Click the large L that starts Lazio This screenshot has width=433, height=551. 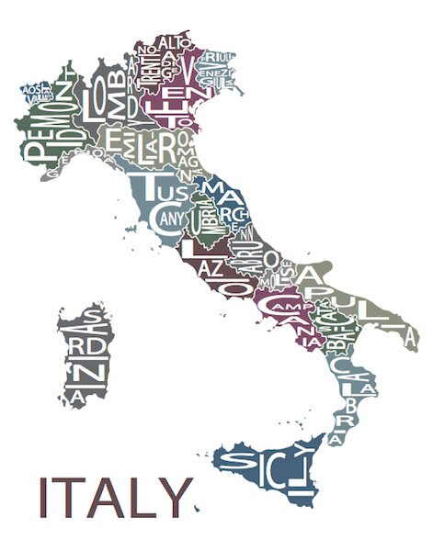[189, 247]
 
